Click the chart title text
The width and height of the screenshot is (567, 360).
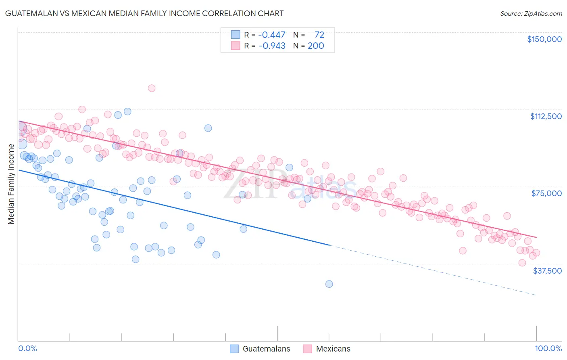145,13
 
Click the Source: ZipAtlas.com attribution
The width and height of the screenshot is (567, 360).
531,13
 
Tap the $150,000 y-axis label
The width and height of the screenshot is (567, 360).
544,39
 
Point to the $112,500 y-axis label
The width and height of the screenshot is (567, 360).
546,116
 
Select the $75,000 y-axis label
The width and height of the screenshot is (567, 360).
546,193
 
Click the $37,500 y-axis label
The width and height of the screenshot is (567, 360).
547,271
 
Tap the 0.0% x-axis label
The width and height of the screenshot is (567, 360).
27,348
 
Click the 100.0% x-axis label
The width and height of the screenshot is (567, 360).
548,348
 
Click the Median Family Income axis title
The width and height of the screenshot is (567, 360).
11,184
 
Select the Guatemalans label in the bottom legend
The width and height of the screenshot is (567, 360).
266,349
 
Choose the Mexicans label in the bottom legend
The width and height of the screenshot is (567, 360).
333,349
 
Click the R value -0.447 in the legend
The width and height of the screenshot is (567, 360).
271,35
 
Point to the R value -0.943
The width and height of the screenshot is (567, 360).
271,46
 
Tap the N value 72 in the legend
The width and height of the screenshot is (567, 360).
319,35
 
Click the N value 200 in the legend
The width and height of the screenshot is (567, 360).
316,46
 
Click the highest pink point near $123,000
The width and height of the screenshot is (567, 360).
152,88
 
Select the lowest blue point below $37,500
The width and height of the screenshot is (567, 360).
329,284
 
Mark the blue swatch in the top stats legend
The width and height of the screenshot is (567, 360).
236,35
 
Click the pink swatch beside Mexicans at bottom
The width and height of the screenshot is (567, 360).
308,349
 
